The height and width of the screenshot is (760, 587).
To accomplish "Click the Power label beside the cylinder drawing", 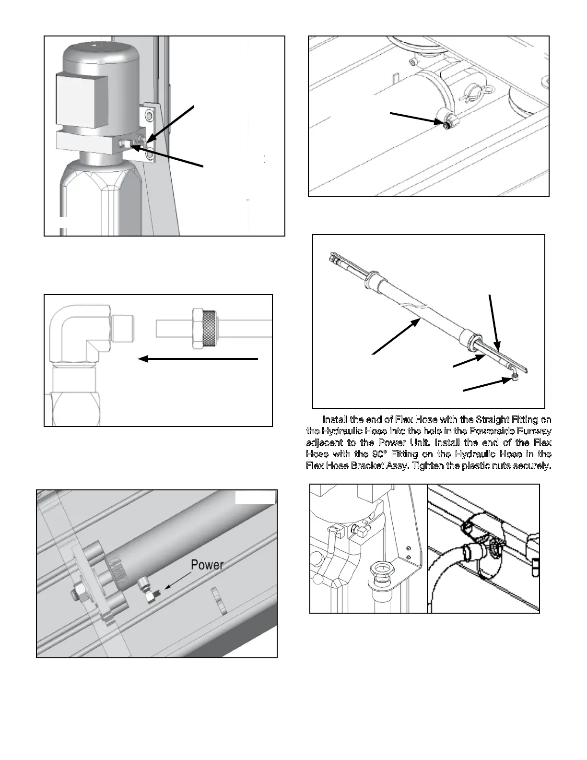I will point(207,565).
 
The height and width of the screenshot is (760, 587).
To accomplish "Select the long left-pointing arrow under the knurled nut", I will point(198,358).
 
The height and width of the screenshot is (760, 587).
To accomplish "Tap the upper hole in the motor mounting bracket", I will point(149,116).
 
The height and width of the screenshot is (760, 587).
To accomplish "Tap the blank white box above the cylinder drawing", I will point(255,497).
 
